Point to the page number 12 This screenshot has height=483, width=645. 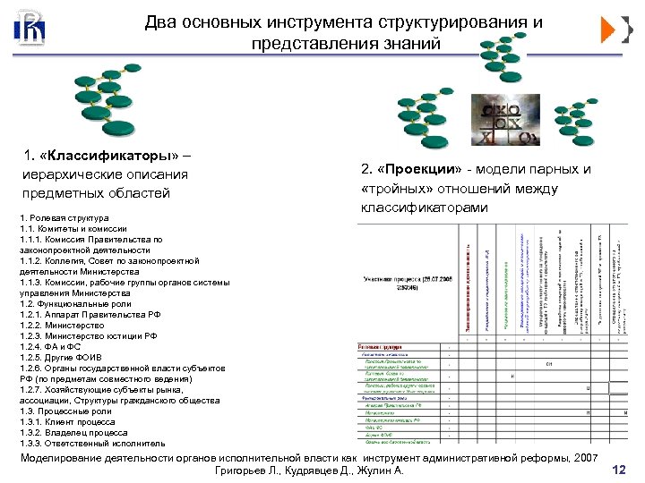617,470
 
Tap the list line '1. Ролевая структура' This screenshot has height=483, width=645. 64,218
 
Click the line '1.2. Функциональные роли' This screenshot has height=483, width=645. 75,303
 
